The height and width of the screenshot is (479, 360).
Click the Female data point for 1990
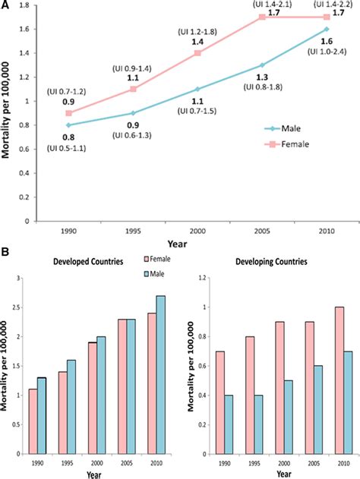click(69, 113)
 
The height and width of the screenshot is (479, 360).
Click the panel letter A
click(7, 5)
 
